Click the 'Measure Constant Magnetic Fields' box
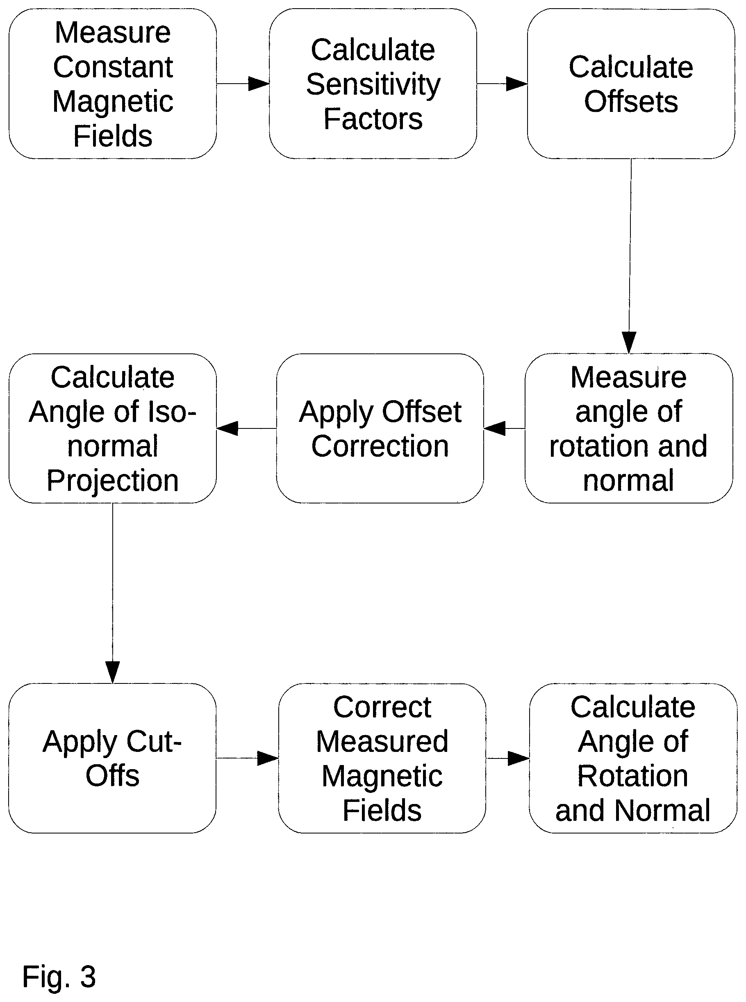112,84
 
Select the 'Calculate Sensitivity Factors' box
373,84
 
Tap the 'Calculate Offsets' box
631,84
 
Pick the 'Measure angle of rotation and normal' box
629,428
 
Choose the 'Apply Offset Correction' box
380,428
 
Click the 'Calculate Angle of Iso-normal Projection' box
112,428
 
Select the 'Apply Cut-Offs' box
112,758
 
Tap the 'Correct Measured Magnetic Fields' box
382,758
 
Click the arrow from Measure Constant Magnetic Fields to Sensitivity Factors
243,84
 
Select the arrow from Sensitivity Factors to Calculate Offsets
502,84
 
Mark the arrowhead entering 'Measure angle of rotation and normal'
629,342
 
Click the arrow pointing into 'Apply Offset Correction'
505,428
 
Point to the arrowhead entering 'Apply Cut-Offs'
112,672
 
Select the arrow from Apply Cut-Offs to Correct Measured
248,758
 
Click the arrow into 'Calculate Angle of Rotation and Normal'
508,758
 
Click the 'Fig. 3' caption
59,976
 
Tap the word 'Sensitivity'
373,84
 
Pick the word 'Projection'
112,481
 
